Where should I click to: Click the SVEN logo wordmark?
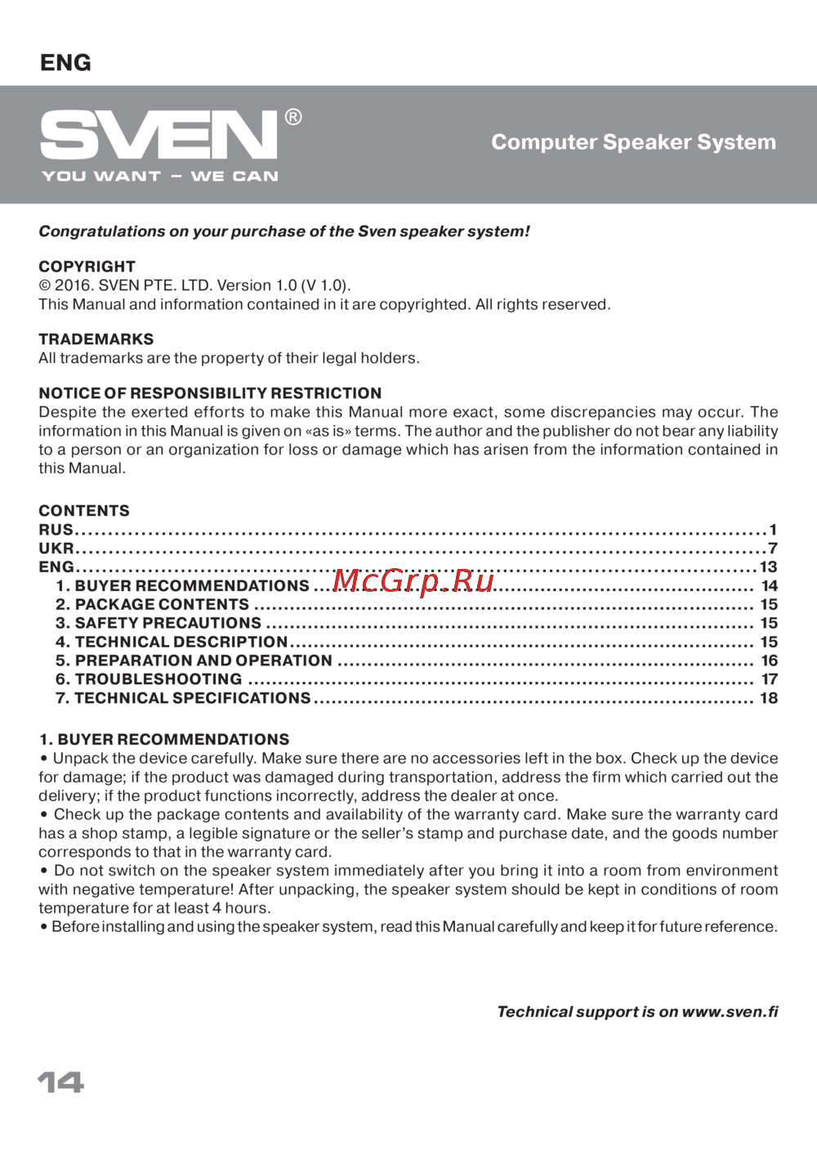coord(159,135)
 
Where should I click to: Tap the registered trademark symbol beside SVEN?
coord(293,118)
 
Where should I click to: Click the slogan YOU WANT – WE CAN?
coord(160,177)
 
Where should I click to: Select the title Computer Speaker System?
coord(633,142)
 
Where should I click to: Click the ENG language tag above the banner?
coord(65,63)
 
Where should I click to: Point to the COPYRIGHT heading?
coord(87,266)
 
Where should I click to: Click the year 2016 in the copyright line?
coord(74,285)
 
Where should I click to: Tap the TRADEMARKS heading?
coord(96,339)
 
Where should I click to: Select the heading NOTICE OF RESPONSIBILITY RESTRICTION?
coord(210,393)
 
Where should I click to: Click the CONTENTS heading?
coord(84,511)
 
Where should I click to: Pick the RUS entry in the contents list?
coord(56,530)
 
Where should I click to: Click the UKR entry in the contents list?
coord(56,549)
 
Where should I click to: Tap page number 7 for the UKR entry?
coord(773,549)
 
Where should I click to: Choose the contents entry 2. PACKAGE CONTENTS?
coord(153,605)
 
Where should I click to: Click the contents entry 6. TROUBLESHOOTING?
coord(149,679)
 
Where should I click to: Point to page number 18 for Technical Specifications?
coord(769,698)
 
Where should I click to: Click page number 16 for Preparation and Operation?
coord(769,661)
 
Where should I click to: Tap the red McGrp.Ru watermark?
coord(414,580)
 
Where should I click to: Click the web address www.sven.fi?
coord(730,1012)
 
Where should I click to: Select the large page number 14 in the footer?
coord(61,1082)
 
